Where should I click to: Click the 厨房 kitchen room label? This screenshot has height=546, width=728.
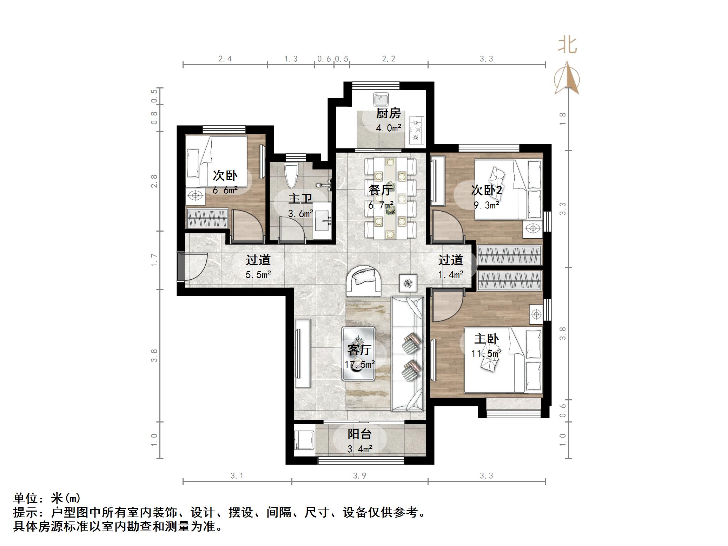point(388,113)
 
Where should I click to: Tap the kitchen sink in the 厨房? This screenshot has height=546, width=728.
point(380,99)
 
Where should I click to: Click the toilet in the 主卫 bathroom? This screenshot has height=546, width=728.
point(291,175)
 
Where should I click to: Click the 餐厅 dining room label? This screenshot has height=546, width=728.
point(380,190)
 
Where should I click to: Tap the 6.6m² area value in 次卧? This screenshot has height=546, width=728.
point(225,190)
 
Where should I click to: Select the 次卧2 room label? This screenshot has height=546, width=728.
point(486,190)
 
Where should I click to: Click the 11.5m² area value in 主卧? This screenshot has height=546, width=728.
point(486,353)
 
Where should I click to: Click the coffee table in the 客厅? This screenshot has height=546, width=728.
point(359,353)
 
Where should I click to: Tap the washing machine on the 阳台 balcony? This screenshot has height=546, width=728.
point(304,440)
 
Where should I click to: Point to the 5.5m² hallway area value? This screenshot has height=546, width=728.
point(258,275)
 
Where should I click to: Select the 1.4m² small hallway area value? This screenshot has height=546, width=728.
point(451,275)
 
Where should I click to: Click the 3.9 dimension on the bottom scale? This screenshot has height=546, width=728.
point(359,475)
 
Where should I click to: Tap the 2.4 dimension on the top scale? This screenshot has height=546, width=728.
point(225,59)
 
